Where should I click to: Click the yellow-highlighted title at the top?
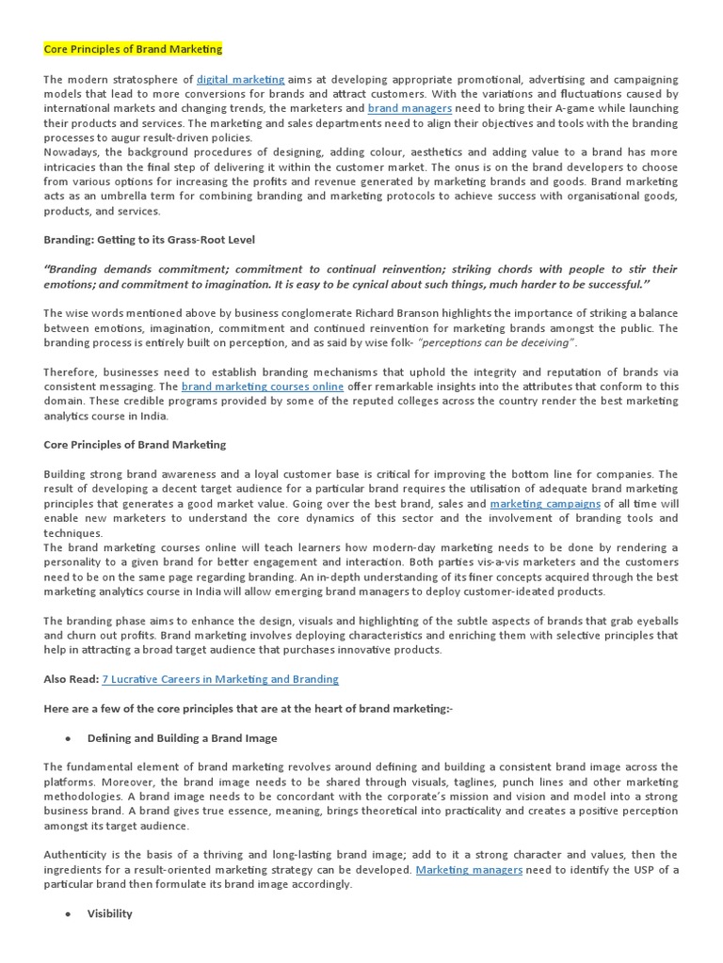(x=133, y=49)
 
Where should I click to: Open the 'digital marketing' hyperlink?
(x=240, y=80)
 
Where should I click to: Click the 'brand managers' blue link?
(x=410, y=109)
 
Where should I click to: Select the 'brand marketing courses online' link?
(x=264, y=387)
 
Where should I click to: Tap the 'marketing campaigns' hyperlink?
(x=545, y=504)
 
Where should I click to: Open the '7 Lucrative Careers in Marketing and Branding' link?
(x=219, y=678)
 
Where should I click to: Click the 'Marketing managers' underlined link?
(x=469, y=870)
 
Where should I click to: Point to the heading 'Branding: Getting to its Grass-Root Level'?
(x=149, y=240)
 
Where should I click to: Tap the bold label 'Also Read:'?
(x=70, y=678)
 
